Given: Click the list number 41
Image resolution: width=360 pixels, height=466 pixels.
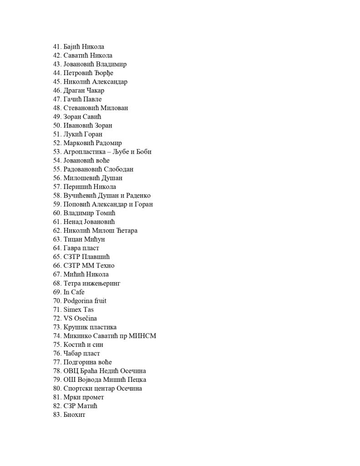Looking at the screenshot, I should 57,47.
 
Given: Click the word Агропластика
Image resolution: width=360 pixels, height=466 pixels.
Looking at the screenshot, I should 83,152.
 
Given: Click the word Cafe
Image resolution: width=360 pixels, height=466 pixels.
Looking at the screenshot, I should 77,292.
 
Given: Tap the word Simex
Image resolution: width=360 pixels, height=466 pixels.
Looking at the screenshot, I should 72,309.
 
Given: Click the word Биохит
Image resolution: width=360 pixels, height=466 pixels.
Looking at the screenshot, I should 74,415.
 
